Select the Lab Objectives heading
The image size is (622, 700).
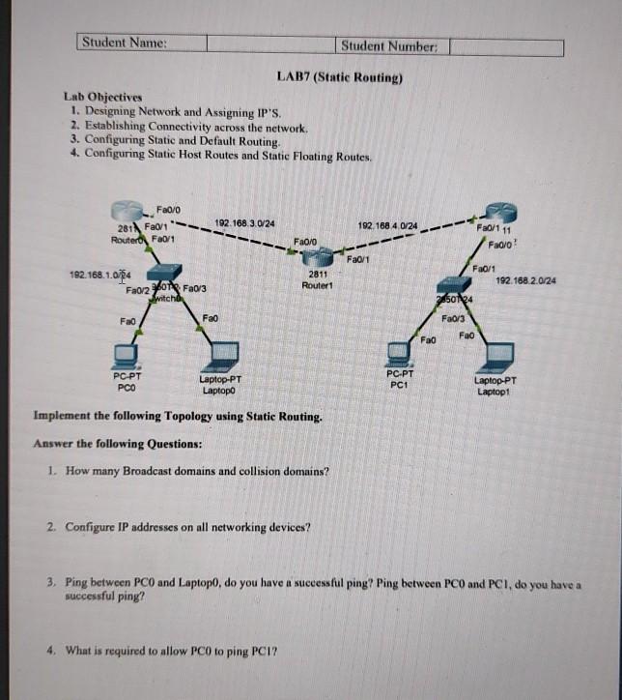[x=102, y=97]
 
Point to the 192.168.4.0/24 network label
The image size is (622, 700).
[x=387, y=226]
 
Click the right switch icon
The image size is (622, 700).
[x=454, y=286]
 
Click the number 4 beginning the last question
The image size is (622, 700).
[x=49, y=650]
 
